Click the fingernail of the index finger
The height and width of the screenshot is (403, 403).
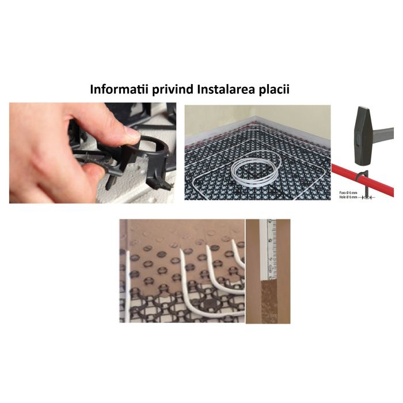(132, 136)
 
